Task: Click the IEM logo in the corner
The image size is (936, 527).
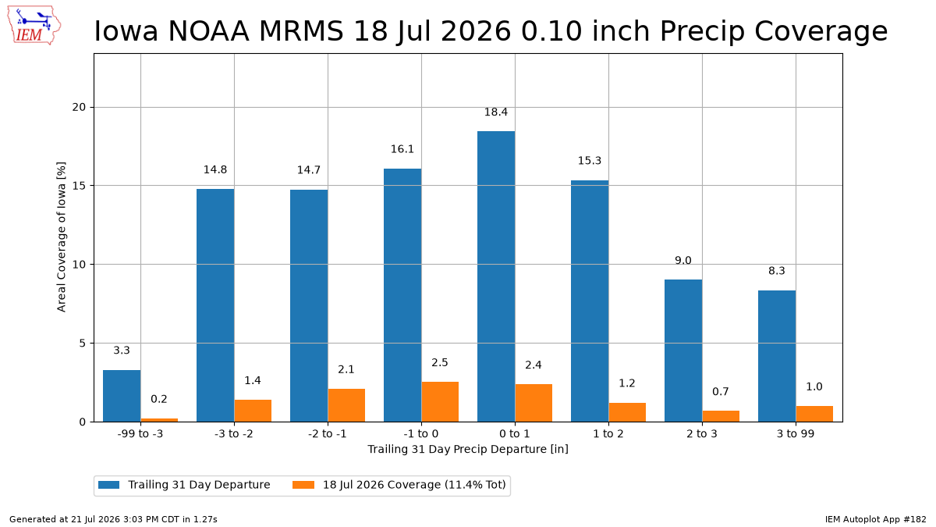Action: pyautogui.click(x=34, y=25)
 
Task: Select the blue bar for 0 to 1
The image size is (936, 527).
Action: pyautogui.click(x=496, y=276)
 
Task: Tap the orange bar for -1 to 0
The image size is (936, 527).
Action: pyautogui.click(x=440, y=401)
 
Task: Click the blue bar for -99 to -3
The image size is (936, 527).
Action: pyautogui.click(x=122, y=396)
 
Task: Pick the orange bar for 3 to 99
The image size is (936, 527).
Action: pyautogui.click(x=814, y=414)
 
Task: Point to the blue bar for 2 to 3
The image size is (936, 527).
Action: pyautogui.click(x=683, y=351)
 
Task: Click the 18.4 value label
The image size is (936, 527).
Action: pyautogui.click(x=496, y=112)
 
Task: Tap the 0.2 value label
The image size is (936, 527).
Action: pyautogui.click(x=159, y=399)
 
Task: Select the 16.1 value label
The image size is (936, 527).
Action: pyautogui.click(x=402, y=149)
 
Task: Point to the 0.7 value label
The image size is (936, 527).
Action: pyautogui.click(x=721, y=391)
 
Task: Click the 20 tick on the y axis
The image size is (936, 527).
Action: pyautogui.click(x=79, y=108)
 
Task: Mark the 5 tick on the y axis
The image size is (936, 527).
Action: pyautogui.click(x=82, y=344)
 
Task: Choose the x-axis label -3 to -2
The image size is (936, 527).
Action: pyautogui.click(x=234, y=434)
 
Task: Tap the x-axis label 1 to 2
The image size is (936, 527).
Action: pyautogui.click(x=608, y=434)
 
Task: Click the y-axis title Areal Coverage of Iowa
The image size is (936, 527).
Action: pyautogui.click(x=62, y=237)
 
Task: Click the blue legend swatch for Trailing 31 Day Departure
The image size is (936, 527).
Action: pyautogui.click(x=108, y=485)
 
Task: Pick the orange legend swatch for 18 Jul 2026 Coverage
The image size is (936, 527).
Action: pyautogui.click(x=303, y=485)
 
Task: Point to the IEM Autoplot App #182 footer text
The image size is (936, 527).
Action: pyautogui.click(x=876, y=519)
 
